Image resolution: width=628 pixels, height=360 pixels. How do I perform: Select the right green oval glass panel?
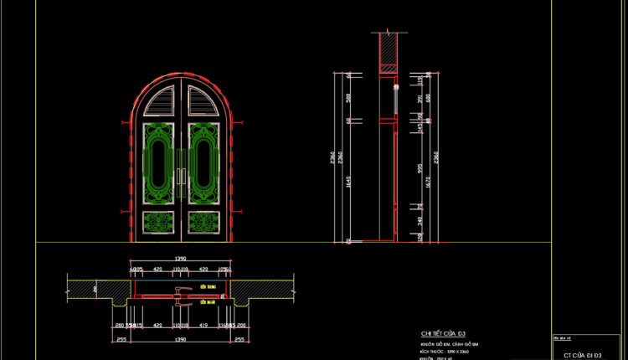pyautogui.click(x=203, y=163)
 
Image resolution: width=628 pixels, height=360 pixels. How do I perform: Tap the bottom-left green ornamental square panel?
pyautogui.click(x=159, y=222)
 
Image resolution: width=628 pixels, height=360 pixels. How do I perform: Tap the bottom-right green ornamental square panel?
pyautogui.click(x=203, y=222)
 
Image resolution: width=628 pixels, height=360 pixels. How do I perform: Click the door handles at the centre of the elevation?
pyautogui.click(x=181, y=176)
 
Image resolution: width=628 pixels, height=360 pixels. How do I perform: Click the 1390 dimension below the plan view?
pyautogui.click(x=181, y=340)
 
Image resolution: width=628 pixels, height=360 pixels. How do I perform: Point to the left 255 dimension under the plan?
pyautogui.click(x=122, y=340)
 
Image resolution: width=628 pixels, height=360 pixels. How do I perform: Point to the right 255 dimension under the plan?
pyautogui.click(x=240, y=340)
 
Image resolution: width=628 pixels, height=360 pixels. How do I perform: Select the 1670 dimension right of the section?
pyautogui.click(x=426, y=177)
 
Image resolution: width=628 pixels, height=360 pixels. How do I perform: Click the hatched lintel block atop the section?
pyautogui.click(x=389, y=51)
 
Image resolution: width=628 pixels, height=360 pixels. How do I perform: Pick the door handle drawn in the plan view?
pyautogui.click(x=179, y=291)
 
